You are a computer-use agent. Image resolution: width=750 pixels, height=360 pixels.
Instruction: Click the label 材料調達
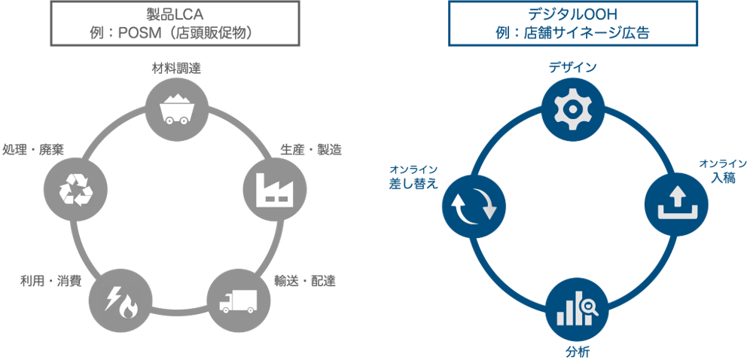coord(175,69)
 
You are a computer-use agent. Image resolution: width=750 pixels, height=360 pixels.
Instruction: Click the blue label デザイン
coord(572,68)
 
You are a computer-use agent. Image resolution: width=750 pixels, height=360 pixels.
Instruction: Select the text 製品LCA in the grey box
coord(174,14)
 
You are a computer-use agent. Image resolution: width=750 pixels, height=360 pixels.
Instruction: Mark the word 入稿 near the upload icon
coord(724,177)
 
